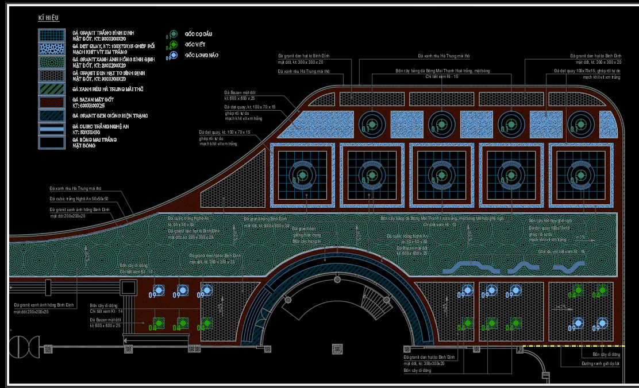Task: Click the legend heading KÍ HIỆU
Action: pyautogui.click(x=49, y=18)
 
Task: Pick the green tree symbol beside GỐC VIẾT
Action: pyautogui.click(x=174, y=45)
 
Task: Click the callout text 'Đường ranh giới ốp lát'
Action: pyautogui.click(x=600, y=364)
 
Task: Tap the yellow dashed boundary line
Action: pyautogui.click(x=575, y=347)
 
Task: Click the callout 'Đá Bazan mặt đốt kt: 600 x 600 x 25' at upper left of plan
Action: pyautogui.click(x=240, y=95)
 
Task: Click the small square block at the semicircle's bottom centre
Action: pyautogui.click(x=337, y=348)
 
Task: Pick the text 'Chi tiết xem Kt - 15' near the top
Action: pyautogui.click(x=441, y=76)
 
